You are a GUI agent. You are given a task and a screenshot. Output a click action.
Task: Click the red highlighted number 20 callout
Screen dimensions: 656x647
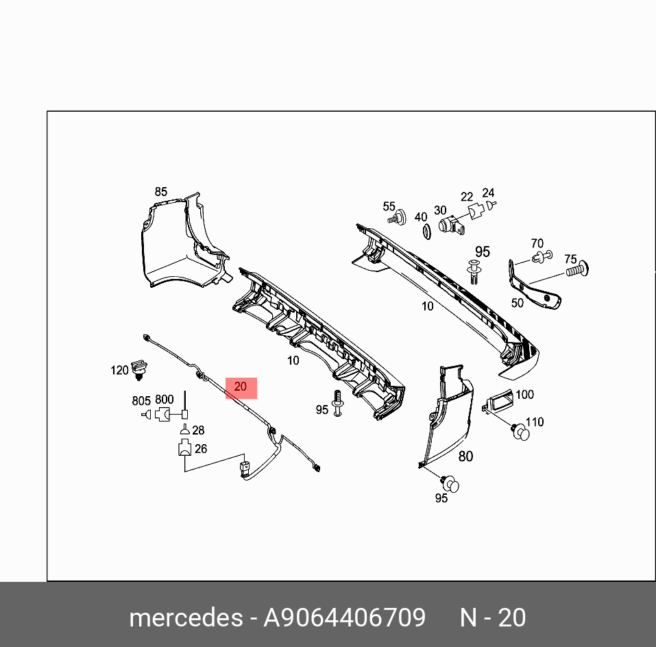pyautogui.click(x=241, y=388)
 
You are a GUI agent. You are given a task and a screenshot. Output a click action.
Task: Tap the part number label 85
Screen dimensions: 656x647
pyautogui.click(x=160, y=192)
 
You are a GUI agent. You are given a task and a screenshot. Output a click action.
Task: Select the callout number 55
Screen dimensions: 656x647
pyautogui.click(x=389, y=206)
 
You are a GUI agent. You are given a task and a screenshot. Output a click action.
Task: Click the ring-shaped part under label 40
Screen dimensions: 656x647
pyautogui.click(x=424, y=232)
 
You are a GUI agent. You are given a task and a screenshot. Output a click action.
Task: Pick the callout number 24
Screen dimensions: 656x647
pyautogui.click(x=488, y=193)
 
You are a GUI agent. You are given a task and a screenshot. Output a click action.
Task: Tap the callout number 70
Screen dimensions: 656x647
pyautogui.click(x=537, y=243)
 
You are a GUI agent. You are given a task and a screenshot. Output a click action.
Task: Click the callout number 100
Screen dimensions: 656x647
pyautogui.click(x=524, y=395)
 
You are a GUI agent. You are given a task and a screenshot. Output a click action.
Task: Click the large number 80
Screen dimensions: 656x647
pyautogui.click(x=465, y=456)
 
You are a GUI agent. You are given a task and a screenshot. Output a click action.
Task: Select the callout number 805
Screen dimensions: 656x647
pyautogui.click(x=141, y=401)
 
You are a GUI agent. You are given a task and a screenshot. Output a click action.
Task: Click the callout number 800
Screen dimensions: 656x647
pyautogui.click(x=165, y=400)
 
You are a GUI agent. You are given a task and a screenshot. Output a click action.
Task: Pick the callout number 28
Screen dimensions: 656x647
pyautogui.click(x=198, y=430)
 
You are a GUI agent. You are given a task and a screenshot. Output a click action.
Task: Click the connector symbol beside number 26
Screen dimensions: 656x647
pyautogui.click(x=184, y=450)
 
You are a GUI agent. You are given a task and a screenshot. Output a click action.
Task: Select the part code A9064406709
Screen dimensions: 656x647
pyautogui.click(x=345, y=618)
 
